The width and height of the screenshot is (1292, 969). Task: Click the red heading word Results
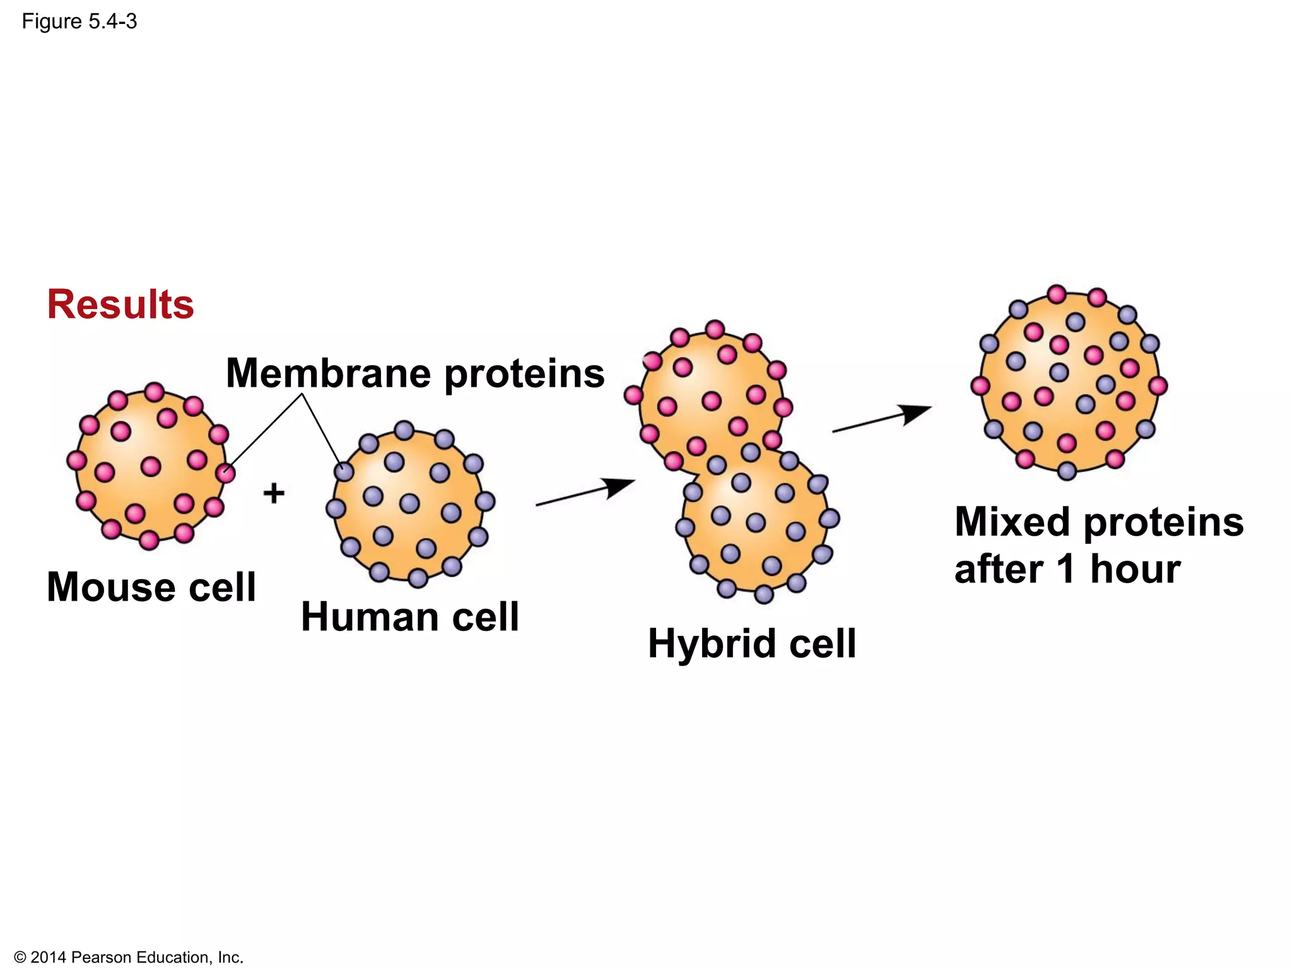(120, 304)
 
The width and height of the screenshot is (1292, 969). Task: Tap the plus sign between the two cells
(274, 493)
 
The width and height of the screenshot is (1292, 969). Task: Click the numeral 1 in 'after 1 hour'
(1066, 569)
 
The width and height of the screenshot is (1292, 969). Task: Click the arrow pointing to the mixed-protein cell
(881, 419)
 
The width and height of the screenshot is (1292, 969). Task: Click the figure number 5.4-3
(113, 22)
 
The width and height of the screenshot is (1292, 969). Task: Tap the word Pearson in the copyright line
(101, 958)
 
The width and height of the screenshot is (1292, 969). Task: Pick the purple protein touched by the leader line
(344, 471)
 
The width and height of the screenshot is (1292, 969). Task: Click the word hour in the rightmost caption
(1136, 569)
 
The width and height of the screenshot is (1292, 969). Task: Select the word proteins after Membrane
(524, 373)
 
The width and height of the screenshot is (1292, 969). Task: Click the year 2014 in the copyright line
(48, 958)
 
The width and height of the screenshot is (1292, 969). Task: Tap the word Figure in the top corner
(52, 22)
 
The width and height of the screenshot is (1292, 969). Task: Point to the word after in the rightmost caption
(999, 569)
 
